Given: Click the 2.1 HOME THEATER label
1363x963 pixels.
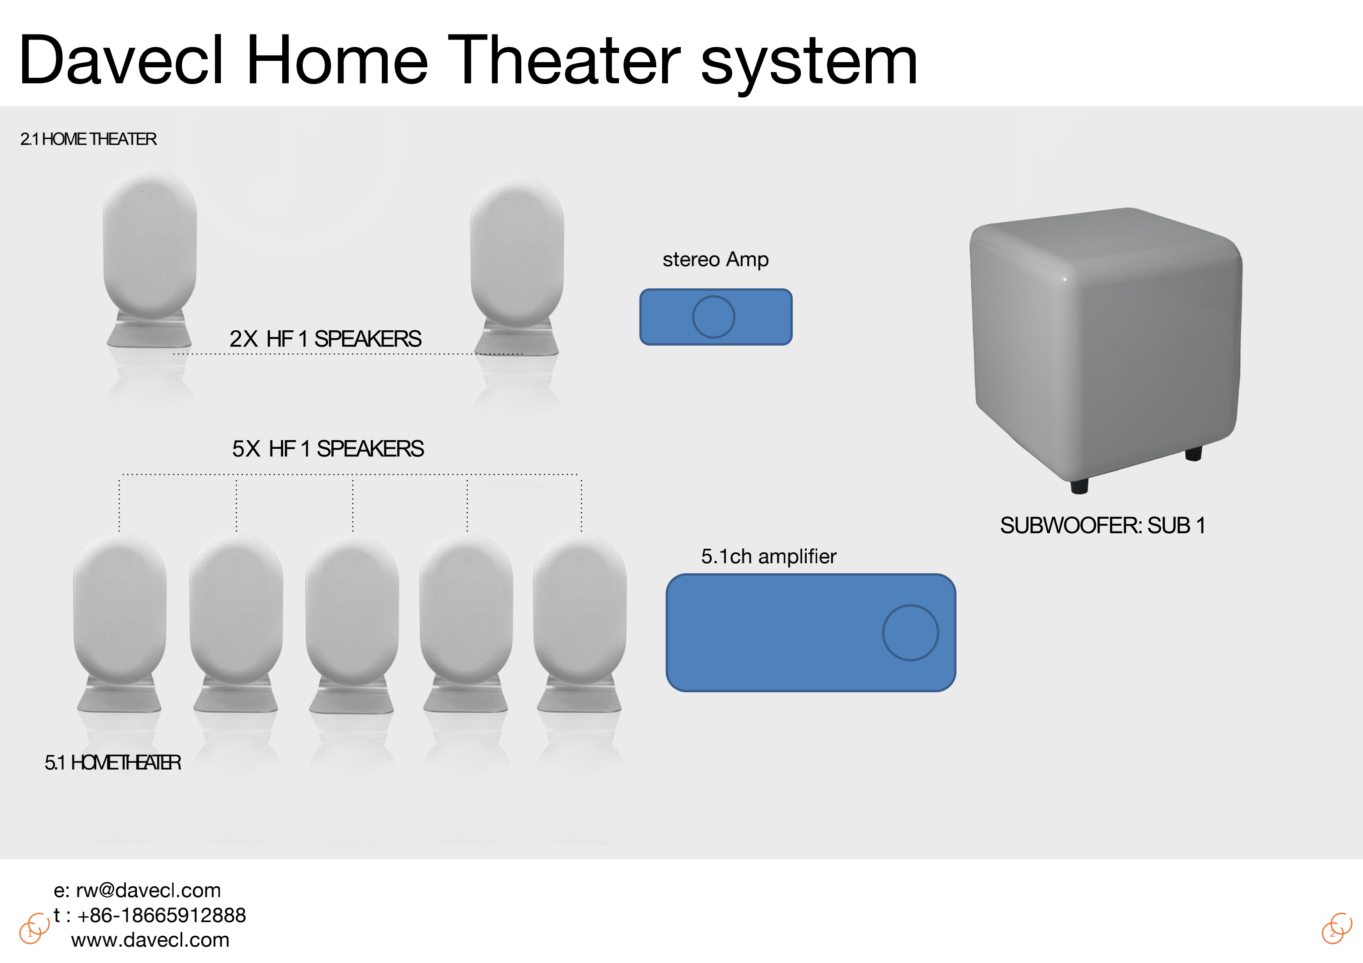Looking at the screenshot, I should point(89,139).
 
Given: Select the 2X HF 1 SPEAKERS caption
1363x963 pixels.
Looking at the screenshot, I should point(325,339).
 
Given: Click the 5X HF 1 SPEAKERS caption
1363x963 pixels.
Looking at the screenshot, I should point(328,449).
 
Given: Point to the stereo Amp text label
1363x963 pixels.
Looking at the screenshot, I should point(715,259).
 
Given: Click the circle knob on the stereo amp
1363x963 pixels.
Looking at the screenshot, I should point(714,317).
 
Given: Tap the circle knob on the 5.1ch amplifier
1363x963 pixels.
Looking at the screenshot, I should point(910,632).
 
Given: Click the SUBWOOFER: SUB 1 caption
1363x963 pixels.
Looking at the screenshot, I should point(1103,526).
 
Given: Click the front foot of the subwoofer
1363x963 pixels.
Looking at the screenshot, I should point(1079,485).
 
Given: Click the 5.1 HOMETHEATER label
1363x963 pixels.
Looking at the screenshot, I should point(113,762).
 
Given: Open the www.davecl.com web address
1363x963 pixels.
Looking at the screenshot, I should point(150,940).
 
